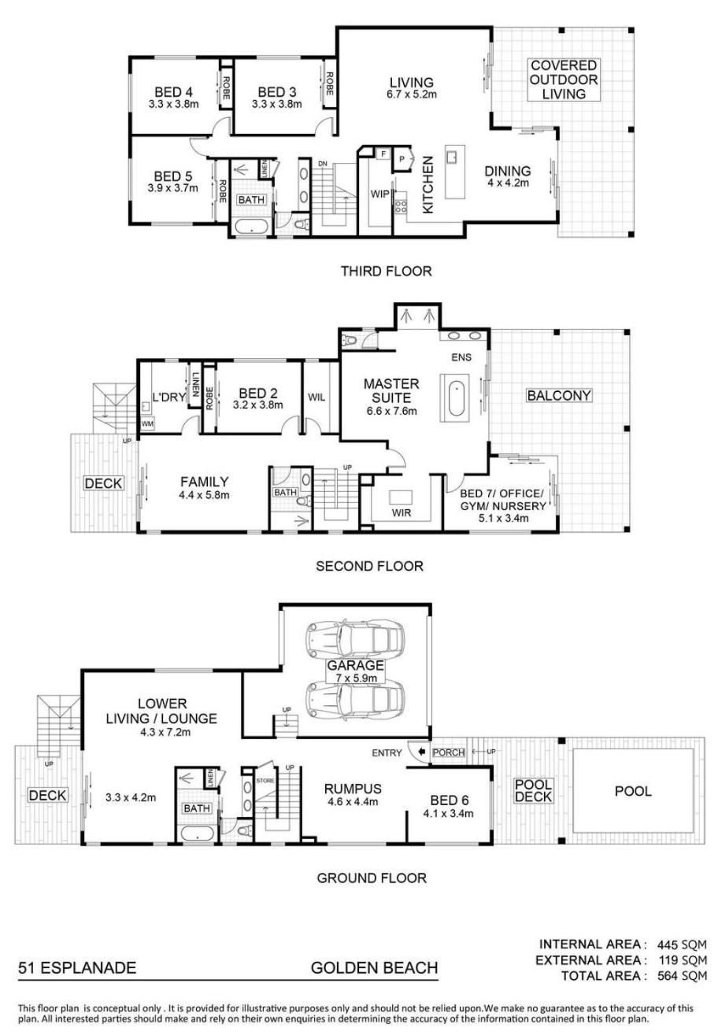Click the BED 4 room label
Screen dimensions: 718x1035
[173, 91]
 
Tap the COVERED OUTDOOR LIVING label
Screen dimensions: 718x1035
[563, 79]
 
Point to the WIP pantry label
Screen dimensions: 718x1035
[379, 194]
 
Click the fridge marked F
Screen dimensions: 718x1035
[383, 153]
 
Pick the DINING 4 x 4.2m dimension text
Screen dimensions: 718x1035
[508, 183]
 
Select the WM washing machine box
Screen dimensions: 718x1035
[148, 424]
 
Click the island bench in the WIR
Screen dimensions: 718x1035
[401, 497]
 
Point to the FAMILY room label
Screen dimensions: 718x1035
[204, 482]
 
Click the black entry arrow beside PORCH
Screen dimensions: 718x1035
[421, 752]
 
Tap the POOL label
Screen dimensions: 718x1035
[632, 790]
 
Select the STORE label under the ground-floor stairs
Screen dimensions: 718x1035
[265, 781]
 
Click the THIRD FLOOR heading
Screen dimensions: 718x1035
[386, 271]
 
